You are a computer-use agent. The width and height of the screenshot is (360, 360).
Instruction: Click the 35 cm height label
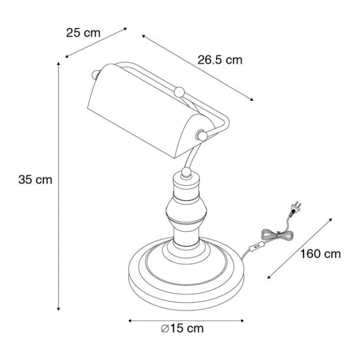click(36, 180)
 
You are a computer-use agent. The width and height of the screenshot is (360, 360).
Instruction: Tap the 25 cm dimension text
click(83, 33)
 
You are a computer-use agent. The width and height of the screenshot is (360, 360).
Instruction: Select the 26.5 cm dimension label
click(220, 60)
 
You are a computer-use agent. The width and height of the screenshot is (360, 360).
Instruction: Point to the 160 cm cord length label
click(321, 254)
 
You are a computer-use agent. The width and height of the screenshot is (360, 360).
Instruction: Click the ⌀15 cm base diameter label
click(182, 328)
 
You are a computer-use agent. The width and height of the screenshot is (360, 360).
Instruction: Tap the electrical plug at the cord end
click(295, 208)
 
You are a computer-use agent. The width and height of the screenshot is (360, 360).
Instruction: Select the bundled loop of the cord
click(277, 235)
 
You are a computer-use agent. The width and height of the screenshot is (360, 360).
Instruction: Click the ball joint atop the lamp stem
click(186, 172)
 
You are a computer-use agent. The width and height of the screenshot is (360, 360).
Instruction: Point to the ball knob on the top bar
click(179, 92)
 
